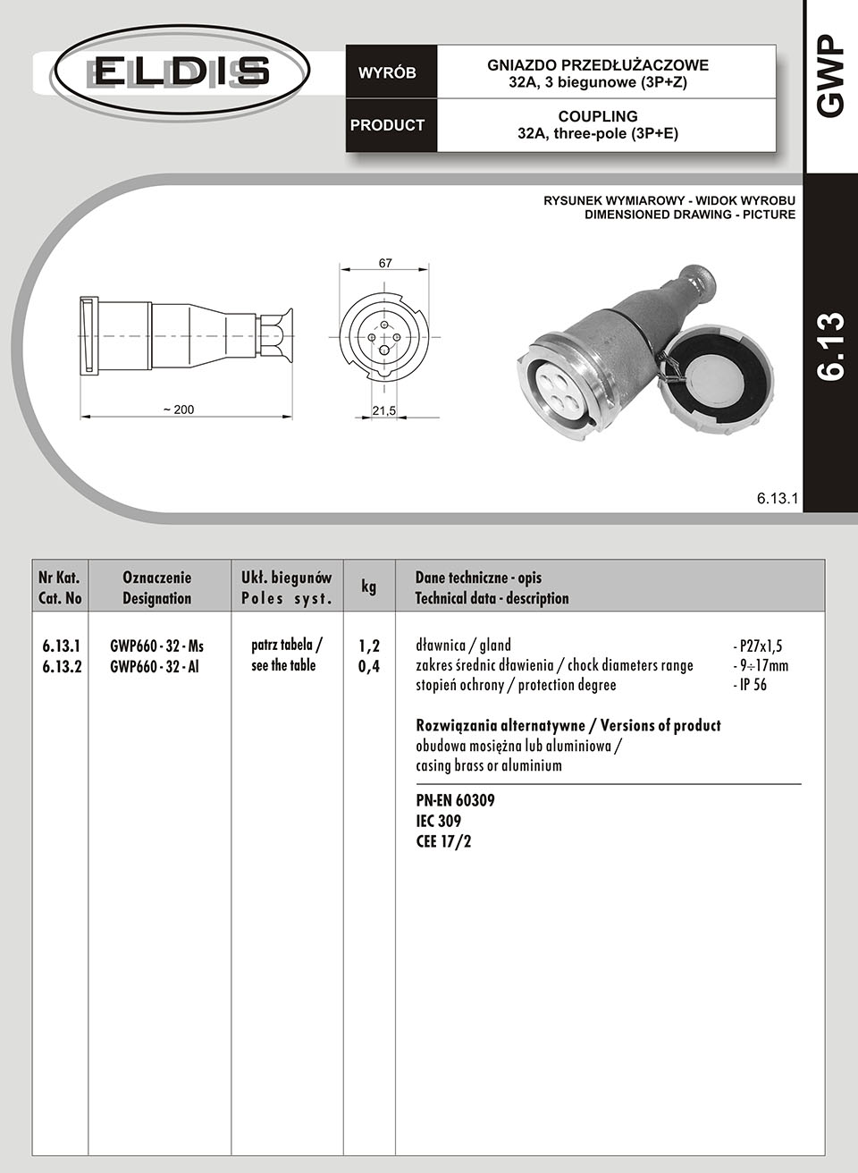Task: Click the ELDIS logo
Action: point(181,71)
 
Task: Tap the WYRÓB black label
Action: point(387,73)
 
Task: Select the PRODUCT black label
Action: point(387,125)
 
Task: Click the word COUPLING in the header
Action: point(598,116)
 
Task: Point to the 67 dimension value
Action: point(385,264)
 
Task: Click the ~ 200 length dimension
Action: point(178,409)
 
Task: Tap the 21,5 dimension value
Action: point(384,410)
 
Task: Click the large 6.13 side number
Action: point(830,347)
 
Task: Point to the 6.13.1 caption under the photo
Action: point(776,498)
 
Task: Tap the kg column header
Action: point(368,586)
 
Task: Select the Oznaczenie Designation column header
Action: point(156,587)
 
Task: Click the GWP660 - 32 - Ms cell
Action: point(156,646)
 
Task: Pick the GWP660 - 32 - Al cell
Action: point(154,666)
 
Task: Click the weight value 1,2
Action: point(369,646)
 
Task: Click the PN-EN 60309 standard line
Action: point(455,800)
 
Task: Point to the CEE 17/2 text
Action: point(443,841)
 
